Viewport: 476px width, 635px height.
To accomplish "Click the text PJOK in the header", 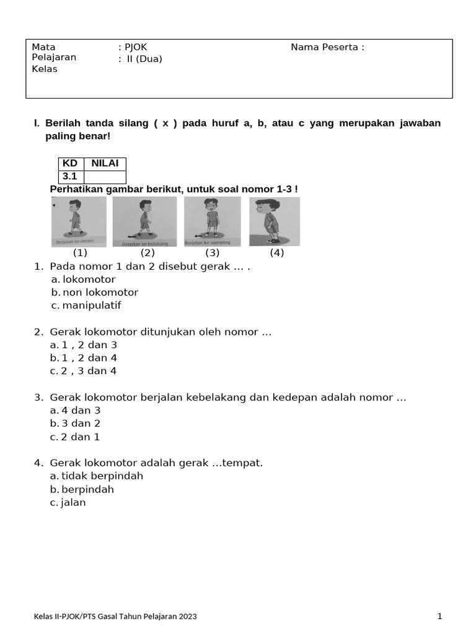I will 136,47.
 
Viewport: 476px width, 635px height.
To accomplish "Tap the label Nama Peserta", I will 327,47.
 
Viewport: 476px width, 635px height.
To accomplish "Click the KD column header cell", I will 70,164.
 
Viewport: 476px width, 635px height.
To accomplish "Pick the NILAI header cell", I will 105,164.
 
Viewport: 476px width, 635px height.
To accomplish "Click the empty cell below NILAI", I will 105,177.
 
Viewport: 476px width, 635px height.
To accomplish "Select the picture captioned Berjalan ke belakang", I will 144,221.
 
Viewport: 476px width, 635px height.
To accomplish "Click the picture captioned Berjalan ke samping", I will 212,221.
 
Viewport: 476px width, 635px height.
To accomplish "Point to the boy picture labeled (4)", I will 275,221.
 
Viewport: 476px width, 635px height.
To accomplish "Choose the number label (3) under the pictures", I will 213,253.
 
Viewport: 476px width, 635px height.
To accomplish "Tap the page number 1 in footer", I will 439,616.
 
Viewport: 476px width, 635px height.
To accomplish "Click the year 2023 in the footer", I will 188,617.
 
